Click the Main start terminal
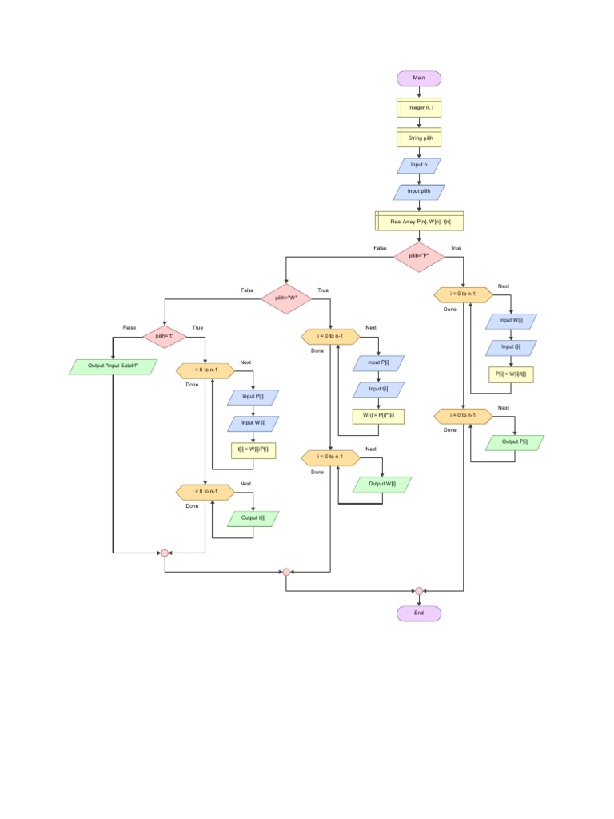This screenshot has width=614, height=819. [419, 78]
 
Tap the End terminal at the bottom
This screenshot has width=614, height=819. [419, 613]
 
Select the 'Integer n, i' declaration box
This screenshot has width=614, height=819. [419, 107]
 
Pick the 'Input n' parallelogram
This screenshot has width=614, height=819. [419, 166]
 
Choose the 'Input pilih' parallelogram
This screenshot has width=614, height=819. [419, 192]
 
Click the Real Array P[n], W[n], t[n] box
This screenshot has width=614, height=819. [419, 221]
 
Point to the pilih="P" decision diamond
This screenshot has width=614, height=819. [419, 256]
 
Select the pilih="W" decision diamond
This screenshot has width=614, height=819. [286, 298]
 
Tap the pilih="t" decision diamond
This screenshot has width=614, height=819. [164, 336]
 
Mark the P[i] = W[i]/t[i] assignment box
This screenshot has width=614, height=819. [512, 374]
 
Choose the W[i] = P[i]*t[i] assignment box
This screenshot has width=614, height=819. [378, 416]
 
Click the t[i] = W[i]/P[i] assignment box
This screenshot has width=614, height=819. [253, 450]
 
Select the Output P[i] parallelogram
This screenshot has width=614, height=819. [515, 441]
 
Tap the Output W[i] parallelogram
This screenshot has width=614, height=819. [381, 484]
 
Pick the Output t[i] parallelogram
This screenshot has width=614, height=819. [253, 518]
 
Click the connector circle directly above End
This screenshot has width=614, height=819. [419, 591]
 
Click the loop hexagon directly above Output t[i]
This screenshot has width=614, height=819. [205, 492]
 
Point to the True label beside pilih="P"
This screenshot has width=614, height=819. [456, 248]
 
